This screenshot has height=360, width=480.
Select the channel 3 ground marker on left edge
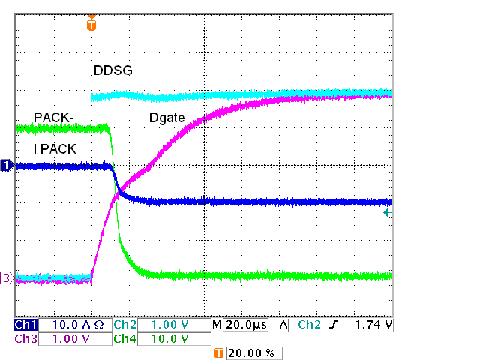pyautogui.click(x=7, y=278)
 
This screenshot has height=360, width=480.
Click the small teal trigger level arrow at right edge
pyautogui.click(x=386, y=214)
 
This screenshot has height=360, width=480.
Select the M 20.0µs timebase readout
pyautogui.click(x=241, y=325)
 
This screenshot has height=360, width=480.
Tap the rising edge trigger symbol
pyautogui.click(x=335, y=325)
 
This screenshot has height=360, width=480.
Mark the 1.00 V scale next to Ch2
pyautogui.click(x=170, y=325)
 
